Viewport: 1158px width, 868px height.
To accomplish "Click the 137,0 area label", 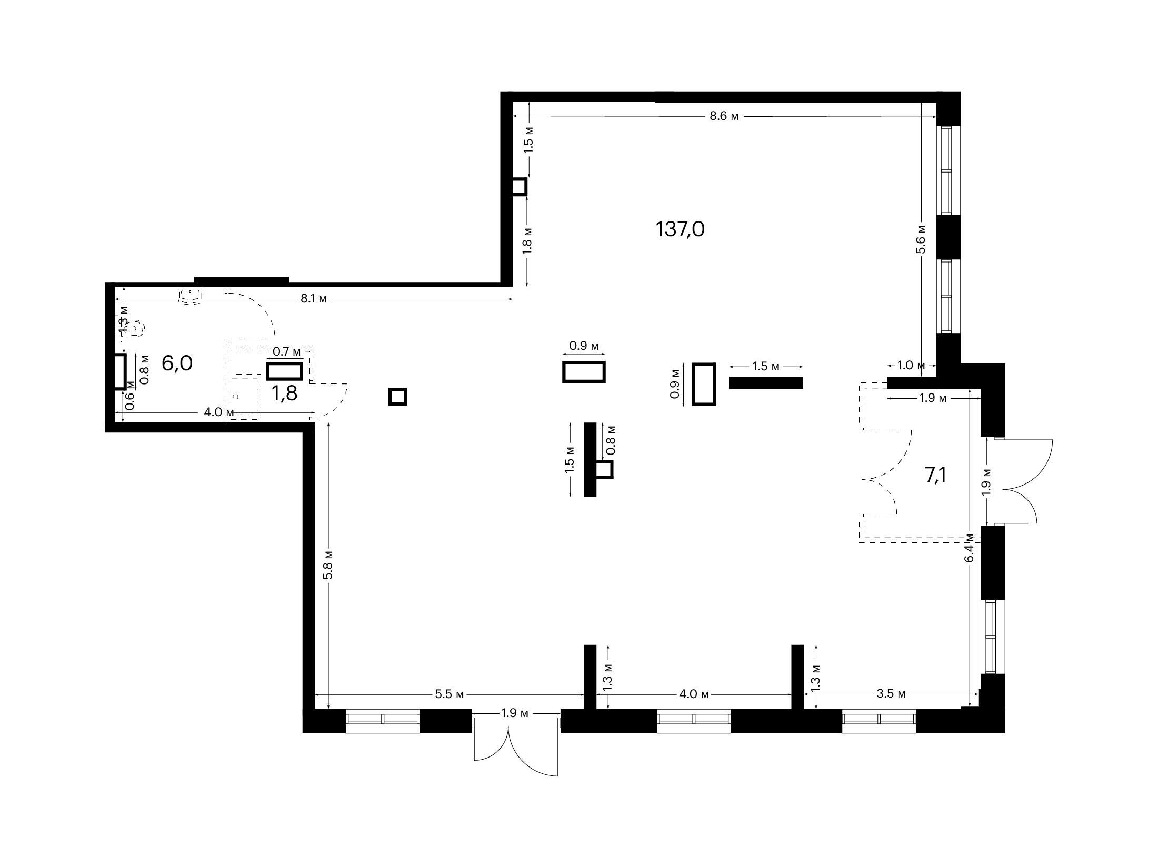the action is coord(680,229).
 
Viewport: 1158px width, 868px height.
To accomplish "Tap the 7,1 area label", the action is coord(935,475).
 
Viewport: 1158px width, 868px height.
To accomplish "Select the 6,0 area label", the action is coord(177,364).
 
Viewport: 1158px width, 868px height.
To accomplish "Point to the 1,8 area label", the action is coord(284,392).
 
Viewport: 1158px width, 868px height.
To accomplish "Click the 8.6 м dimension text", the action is coord(724,116).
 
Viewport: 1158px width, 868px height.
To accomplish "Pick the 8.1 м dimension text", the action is coord(314,299).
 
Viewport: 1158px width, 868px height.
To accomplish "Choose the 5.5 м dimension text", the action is coord(450,694).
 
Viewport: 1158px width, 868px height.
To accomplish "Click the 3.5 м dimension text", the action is coord(891,694).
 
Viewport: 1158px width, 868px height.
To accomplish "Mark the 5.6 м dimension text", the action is coord(921,239).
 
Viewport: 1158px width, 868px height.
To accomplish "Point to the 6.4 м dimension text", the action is coord(970,548).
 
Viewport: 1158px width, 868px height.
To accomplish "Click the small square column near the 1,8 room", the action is coord(397,396).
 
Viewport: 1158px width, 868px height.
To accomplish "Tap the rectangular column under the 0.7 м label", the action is coord(285,371).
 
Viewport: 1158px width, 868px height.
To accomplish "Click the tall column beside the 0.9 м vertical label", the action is coord(704,384).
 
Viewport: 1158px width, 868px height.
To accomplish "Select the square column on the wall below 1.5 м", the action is coord(519,187).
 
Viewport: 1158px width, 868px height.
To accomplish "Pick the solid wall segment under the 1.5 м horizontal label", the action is coord(766,382).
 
